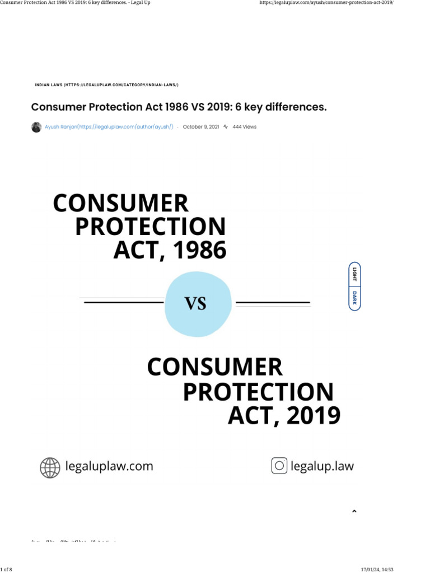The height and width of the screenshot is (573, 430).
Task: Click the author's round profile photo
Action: click(x=36, y=127)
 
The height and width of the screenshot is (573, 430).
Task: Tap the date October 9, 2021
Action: click(x=201, y=127)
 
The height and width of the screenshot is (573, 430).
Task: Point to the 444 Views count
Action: click(x=244, y=127)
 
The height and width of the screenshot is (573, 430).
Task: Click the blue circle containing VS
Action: click(x=198, y=303)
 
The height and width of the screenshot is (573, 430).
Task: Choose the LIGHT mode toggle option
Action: click(x=354, y=274)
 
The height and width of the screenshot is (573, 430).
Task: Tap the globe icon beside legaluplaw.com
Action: click(x=50, y=467)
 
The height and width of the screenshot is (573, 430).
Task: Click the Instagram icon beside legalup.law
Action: click(x=279, y=466)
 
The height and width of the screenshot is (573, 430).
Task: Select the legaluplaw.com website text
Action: click(x=109, y=466)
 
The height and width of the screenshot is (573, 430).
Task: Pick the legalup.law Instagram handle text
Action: click(x=322, y=466)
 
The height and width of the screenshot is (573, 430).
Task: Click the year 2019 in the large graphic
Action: click(x=312, y=416)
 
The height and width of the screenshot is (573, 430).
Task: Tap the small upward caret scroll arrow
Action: click(x=354, y=511)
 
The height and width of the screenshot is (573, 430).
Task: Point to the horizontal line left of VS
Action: click(x=123, y=302)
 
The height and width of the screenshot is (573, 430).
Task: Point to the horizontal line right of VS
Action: click(x=273, y=303)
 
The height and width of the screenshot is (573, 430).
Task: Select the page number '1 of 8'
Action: click(x=6, y=570)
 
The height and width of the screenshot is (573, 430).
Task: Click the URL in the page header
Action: click(x=326, y=3)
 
